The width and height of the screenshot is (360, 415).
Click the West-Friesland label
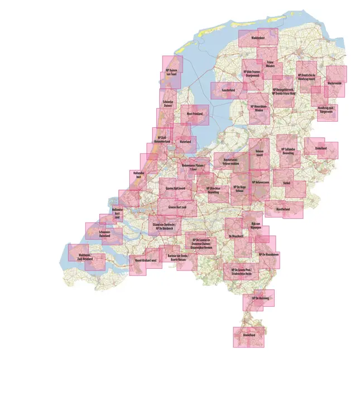pos(194,113)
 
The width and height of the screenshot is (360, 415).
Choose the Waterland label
pos(185,142)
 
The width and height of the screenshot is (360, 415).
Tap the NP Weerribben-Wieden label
pos(258,108)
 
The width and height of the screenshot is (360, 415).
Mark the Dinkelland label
pos(320,148)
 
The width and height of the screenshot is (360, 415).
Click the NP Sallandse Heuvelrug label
pos(288,151)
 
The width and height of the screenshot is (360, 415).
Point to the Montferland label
pos(282,209)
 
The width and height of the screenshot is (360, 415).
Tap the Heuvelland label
pos(248,335)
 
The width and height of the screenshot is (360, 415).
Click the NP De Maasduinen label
pos(268,254)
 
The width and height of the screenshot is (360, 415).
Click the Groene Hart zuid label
pos(176,207)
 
